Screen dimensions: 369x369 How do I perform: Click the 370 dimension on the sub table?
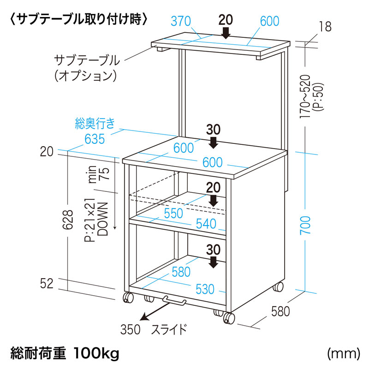[x=180, y=21]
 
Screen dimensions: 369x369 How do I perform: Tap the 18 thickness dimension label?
[x=325, y=27]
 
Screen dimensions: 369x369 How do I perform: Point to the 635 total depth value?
[x=95, y=138]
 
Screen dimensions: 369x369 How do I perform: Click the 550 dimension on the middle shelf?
[x=173, y=213]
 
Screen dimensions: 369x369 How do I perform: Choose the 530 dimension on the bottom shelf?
[x=205, y=289]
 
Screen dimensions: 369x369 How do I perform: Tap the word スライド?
[x=170, y=329]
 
